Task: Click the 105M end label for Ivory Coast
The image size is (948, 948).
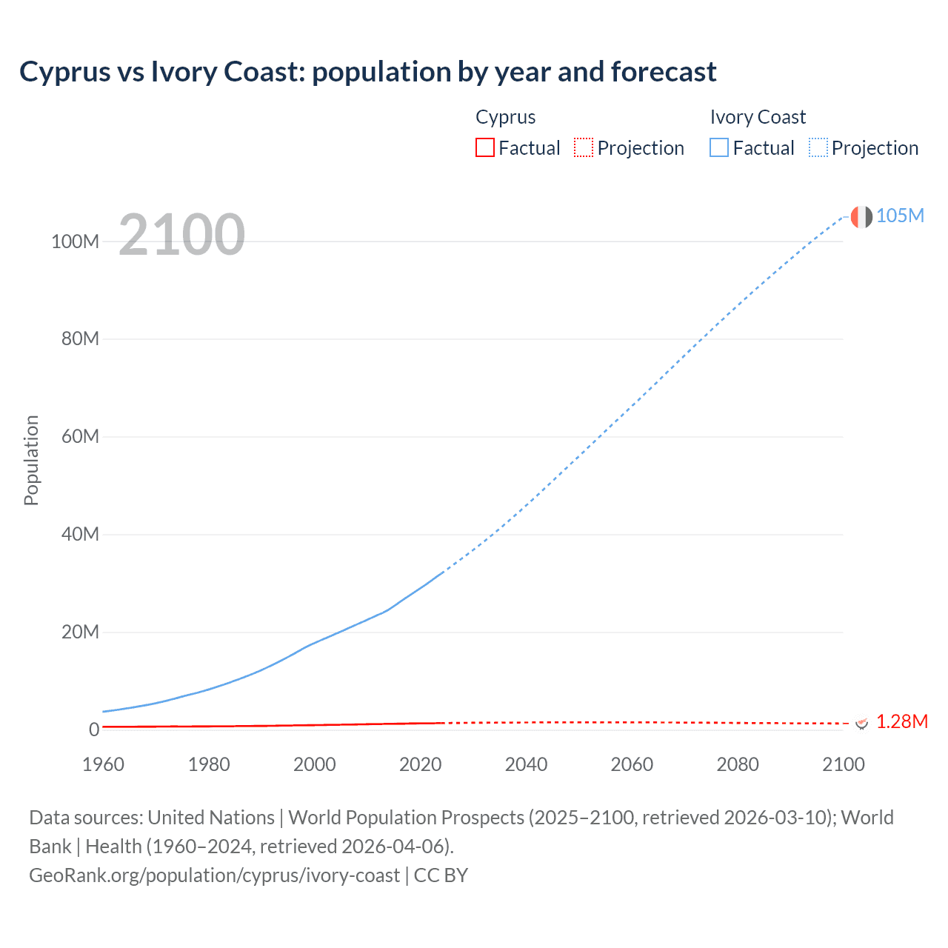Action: tap(900, 216)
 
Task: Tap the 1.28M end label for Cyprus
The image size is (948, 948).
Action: tap(901, 721)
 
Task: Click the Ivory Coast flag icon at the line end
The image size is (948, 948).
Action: tap(861, 216)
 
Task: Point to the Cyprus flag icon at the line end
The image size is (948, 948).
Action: tap(861, 722)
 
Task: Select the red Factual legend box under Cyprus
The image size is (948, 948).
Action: tap(484, 147)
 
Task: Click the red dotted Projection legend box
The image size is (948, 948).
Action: tap(584, 147)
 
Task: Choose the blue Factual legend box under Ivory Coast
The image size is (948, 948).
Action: tap(718, 147)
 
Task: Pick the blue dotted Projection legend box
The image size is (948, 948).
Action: tap(818, 147)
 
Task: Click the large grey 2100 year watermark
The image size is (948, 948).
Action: tap(181, 235)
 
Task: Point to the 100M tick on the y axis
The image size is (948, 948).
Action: tap(75, 241)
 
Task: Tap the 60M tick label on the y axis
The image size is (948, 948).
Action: tap(80, 436)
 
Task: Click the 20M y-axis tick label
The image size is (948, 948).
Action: tap(80, 632)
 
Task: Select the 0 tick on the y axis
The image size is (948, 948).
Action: tap(94, 730)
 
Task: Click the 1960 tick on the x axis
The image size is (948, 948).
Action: tap(103, 764)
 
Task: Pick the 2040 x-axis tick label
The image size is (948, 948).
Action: tap(526, 764)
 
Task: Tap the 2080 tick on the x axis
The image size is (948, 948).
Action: tap(738, 764)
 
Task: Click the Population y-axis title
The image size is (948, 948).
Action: tap(31, 460)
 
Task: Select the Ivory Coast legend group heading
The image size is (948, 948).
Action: tap(757, 117)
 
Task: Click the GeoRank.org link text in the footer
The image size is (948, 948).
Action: tap(214, 875)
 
